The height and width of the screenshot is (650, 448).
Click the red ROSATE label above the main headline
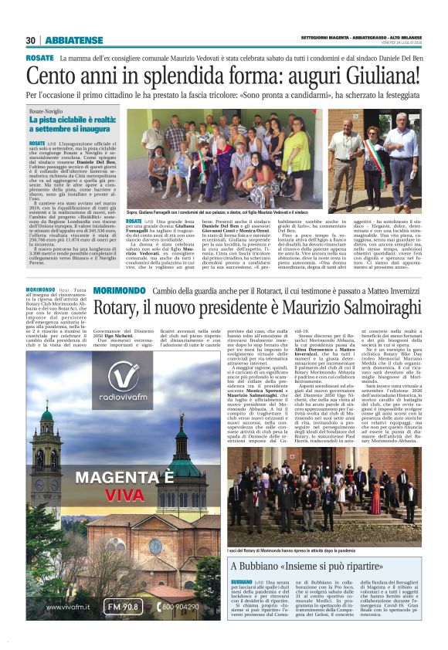click(x=39, y=58)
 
